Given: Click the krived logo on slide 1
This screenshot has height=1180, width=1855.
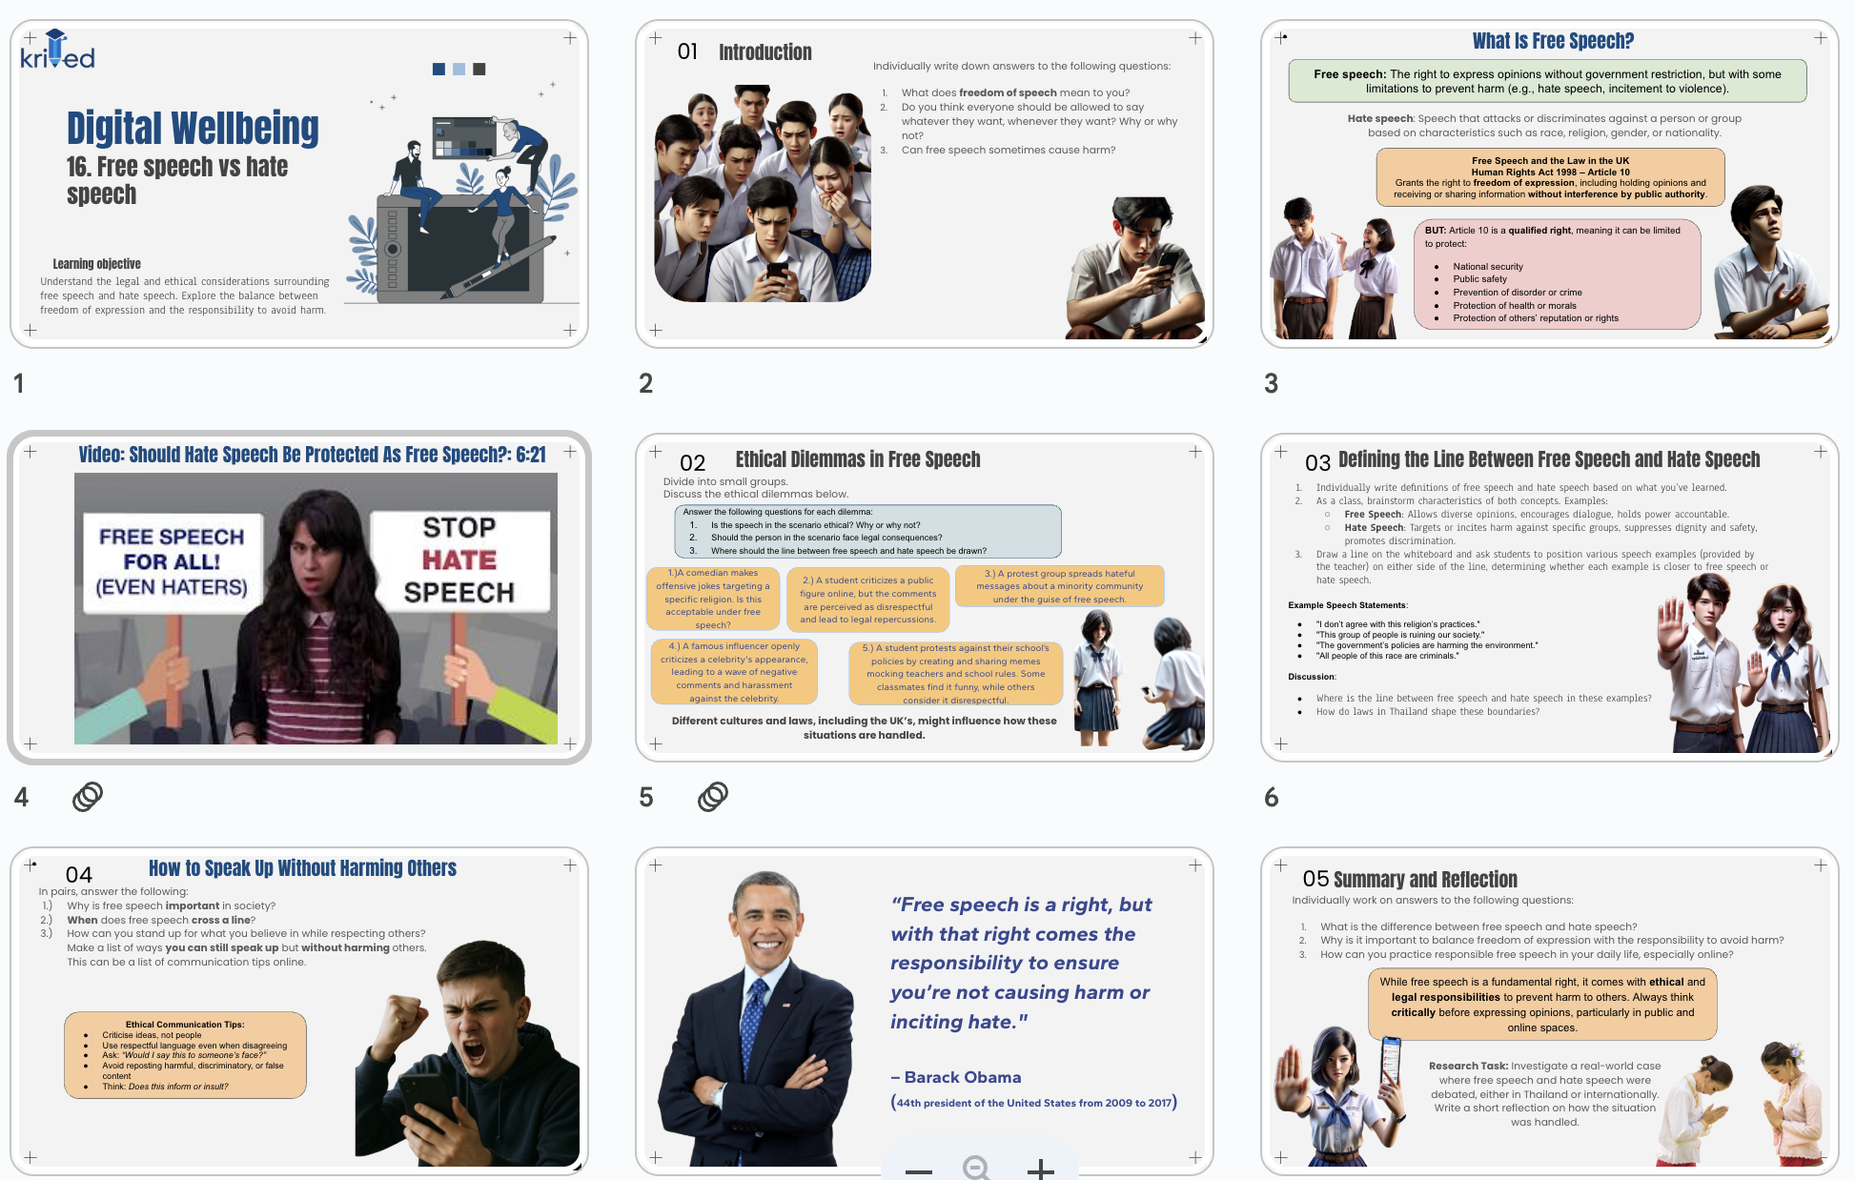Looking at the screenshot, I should click(x=57, y=51).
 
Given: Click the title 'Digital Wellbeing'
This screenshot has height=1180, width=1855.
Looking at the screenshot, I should click(x=193, y=129).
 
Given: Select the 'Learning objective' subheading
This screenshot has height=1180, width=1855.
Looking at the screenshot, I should click(x=96, y=264).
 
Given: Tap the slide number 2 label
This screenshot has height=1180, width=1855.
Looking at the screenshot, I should click(x=645, y=383).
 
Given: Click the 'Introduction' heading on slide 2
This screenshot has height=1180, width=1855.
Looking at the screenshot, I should click(x=764, y=52).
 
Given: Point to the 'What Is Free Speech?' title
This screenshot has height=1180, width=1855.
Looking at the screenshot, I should click(x=1552, y=41).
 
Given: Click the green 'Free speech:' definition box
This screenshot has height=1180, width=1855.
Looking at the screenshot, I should click(x=1546, y=81).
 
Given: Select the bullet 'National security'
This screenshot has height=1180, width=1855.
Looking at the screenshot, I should click(x=1487, y=267).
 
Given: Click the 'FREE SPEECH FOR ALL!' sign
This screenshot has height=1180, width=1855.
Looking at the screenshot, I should click(x=172, y=561).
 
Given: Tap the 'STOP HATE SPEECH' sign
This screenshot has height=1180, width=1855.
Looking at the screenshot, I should click(x=459, y=559).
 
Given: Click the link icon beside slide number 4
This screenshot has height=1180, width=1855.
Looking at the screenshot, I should click(x=88, y=796).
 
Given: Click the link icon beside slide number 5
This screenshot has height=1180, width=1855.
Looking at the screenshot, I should click(x=713, y=796).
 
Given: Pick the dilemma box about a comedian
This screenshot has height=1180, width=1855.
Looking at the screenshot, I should click(x=712, y=599).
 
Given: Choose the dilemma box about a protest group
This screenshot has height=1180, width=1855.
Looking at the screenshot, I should click(x=1059, y=586).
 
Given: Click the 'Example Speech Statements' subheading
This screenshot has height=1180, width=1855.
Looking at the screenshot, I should click(x=1347, y=605).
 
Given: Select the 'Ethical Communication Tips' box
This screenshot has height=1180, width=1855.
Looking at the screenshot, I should click(x=185, y=1054).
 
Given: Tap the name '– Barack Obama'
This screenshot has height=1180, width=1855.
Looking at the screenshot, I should click(x=956, y=1077).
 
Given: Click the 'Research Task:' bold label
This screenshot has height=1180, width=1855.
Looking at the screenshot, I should click(x=1468, y=1066).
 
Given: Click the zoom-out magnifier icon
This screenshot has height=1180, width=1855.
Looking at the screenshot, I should click(x=976, y=1168).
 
